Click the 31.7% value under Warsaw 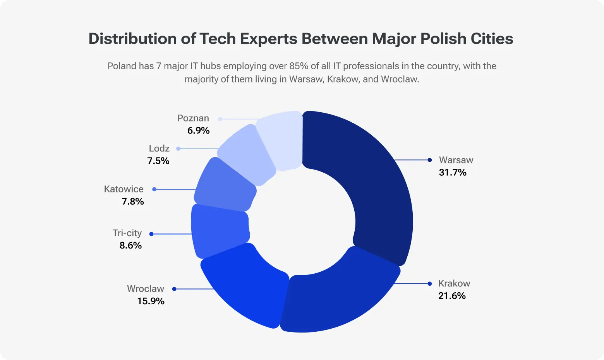[453, 173]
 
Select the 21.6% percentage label [452, 296]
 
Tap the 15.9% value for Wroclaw [151, 301]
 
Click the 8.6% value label [130, 245]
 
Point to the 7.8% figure [133, 202]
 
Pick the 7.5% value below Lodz [158, 161]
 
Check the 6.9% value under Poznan [198, 131]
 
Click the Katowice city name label [124, 189]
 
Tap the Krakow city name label [454, 283]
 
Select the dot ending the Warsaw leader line [429, 160]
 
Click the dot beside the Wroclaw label [174, 289]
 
